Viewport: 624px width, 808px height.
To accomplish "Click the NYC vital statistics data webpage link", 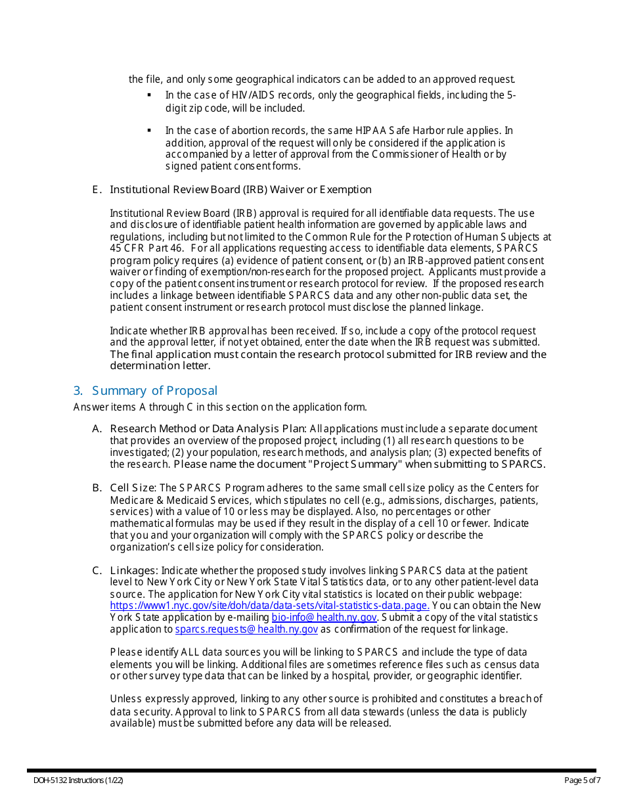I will tap(269, 606).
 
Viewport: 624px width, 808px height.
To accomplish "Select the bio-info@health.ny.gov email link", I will tap(324, 617).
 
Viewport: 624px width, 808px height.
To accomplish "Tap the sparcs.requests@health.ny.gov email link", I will tap(246, 629).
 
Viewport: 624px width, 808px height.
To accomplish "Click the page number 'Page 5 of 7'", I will tap(582, 780).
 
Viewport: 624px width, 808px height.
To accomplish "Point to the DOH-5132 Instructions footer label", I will tap(79, 780).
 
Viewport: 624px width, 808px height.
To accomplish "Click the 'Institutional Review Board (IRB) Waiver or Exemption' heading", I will tap(240, 190).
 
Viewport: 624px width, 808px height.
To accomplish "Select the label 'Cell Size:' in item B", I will tap(133, 488).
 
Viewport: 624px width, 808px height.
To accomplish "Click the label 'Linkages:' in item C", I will tap(134, 570).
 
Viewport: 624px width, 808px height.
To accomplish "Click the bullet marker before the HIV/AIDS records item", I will tap(150, 95).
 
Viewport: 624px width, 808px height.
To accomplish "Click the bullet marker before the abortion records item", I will tap(150, 131).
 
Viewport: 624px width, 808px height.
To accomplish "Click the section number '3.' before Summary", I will tap(78, 391).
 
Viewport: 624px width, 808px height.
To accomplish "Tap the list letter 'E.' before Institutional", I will tap(97, 190).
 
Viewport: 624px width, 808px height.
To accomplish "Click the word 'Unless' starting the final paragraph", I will tap(125, 699).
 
